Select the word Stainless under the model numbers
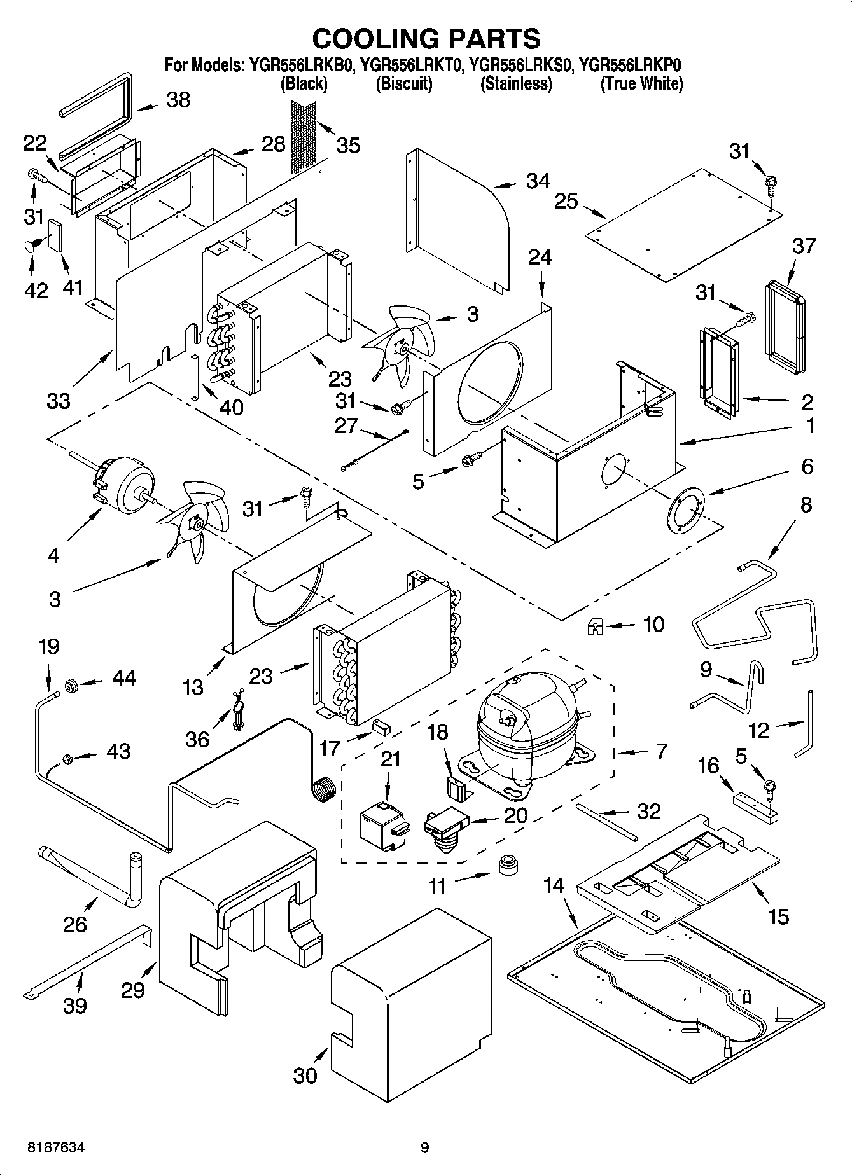(516, 83)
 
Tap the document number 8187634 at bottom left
(57, 1148)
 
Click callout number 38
(178, 100)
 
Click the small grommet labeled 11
(507, 865)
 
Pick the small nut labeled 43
(67, 758)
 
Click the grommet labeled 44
(71, 684)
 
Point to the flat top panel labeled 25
(684, 226)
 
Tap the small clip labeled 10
(595, 628)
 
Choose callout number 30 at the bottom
(305, 1075)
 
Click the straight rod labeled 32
(604, 820)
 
